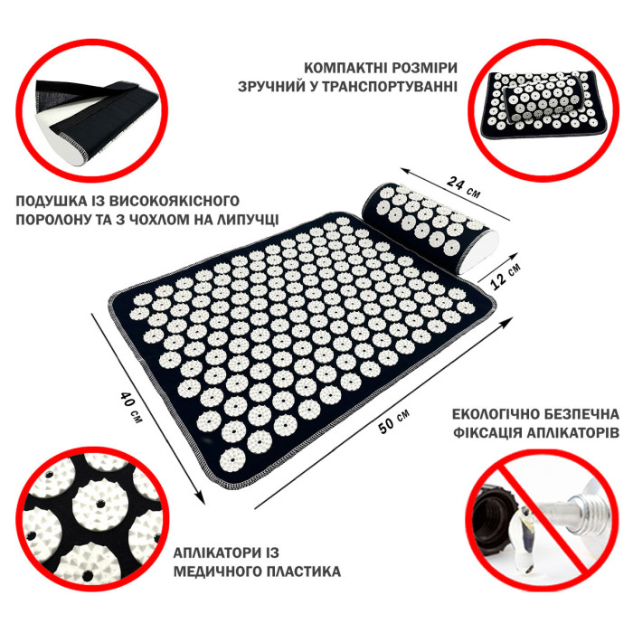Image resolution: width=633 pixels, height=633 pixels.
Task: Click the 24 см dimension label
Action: coord(463,187)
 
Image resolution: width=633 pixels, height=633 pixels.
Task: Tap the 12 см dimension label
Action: coord(505,276)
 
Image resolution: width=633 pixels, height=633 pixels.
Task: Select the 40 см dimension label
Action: coord(131,407)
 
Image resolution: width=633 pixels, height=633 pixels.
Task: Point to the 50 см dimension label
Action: coord(394,421)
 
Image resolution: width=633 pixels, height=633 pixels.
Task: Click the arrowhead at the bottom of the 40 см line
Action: coord(201,498)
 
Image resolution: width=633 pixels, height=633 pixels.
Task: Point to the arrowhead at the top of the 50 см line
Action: coord(506,323)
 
